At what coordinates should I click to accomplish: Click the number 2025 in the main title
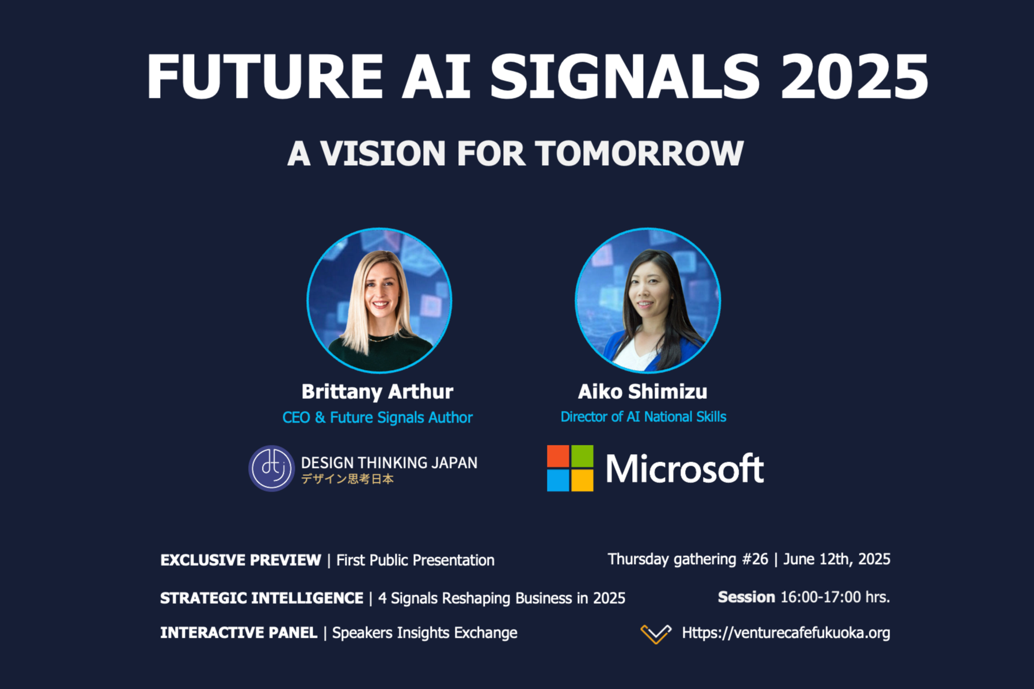click(x=854, y=77)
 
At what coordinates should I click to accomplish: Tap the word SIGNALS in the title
click(x=625, y=77)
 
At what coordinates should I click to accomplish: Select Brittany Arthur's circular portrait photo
click(x=379, y=300)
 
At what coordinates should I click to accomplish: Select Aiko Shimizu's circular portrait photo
click(x=648, y=300)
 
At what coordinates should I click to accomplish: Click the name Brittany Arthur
click(x=377, y=391)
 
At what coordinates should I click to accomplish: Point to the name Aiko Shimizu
click(x=643, y=391)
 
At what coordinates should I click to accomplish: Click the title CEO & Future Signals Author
click(x=377, y=417)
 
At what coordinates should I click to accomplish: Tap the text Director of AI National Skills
click(x=643, y=417)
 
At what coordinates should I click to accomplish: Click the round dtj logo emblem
click(x=272, y=468)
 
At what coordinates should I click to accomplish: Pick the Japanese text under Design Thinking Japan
click(x=347, y=479)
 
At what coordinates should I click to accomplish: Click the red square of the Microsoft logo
click(x=558, y=456)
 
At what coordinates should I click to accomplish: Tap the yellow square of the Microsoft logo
click(x=582, y=480)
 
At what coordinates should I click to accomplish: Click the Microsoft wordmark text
click(x=685, y=469)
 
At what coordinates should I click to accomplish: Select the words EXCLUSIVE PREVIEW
click(x=241, y=560)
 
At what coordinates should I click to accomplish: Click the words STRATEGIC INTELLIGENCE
click(x=261, y=598)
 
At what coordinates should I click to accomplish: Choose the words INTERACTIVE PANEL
click(x=238, y=633)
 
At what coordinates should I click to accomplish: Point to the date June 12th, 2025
click(x=837, y=559)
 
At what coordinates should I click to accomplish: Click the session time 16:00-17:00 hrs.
click(x=835, y=597)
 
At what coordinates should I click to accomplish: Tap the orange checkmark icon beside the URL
click(x=656, y=633)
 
